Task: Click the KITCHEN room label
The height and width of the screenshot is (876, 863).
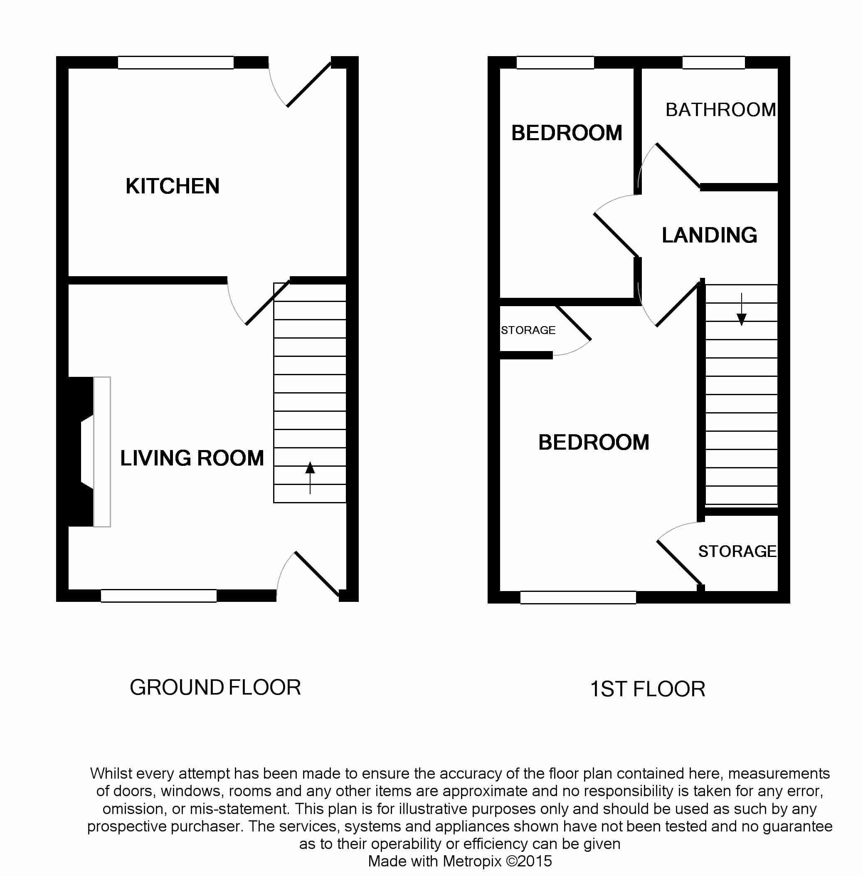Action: point(172,186)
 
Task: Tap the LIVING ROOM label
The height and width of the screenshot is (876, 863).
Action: point(192,458)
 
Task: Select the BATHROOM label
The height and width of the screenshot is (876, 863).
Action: point(720,110)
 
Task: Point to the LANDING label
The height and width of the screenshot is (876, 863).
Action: point(709,235)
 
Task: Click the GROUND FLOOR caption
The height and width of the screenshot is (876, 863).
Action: point(215,688)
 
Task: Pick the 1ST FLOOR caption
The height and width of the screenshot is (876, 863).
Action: point(647,689)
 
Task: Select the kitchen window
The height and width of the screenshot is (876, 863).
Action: point(176,62)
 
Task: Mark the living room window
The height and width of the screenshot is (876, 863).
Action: point(159,596)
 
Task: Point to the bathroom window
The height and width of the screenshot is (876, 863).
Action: point(713,62)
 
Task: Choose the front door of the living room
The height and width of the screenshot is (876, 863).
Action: point(316,574)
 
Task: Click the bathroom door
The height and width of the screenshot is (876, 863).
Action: point(677,165)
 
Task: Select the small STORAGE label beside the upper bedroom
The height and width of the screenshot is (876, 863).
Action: point(528,330)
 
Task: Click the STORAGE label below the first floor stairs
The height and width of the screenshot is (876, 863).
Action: point(737,552)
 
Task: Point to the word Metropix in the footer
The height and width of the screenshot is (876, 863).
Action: point(472,861)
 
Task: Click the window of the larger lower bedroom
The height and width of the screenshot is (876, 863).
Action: point(578,598)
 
